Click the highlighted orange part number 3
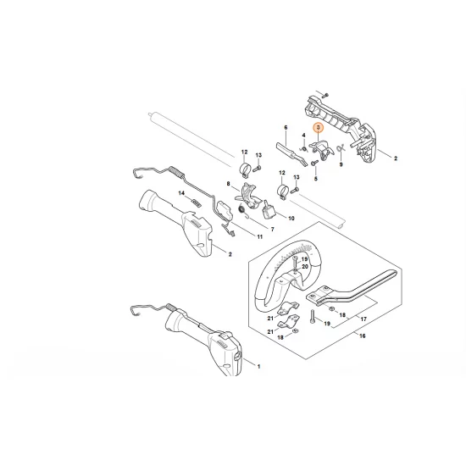pos(318,128)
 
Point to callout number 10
pos(291,218)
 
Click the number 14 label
pos(180,194)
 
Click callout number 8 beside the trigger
pos(228,184)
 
